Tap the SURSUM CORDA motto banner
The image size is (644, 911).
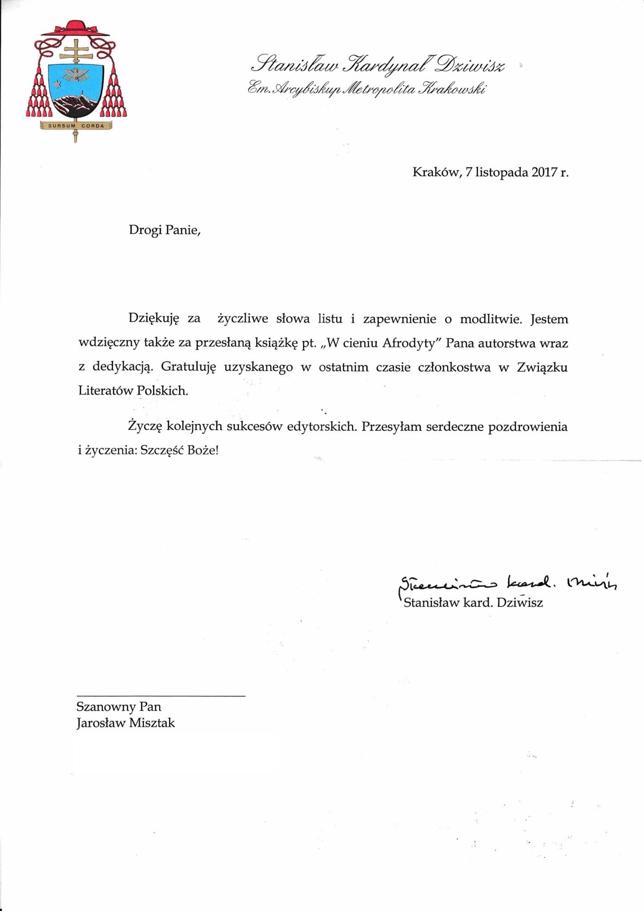coord(76,125)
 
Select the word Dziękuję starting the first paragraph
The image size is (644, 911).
coord(153,319)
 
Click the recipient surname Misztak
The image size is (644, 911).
coord(152,723)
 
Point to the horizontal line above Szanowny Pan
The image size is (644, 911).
coord(161,696)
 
